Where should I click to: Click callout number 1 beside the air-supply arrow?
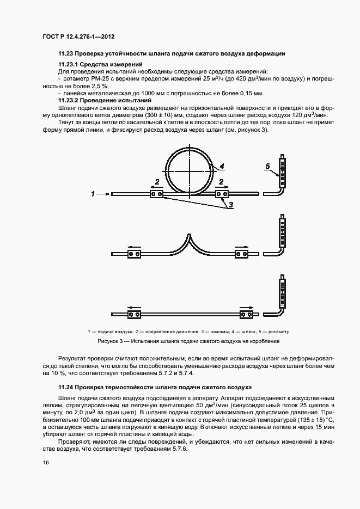[93, 193]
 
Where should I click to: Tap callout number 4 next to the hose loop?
[222, 167]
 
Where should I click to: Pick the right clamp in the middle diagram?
[240, 254]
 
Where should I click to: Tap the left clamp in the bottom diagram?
[134, 314]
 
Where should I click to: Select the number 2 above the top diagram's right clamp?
[221, 181]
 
